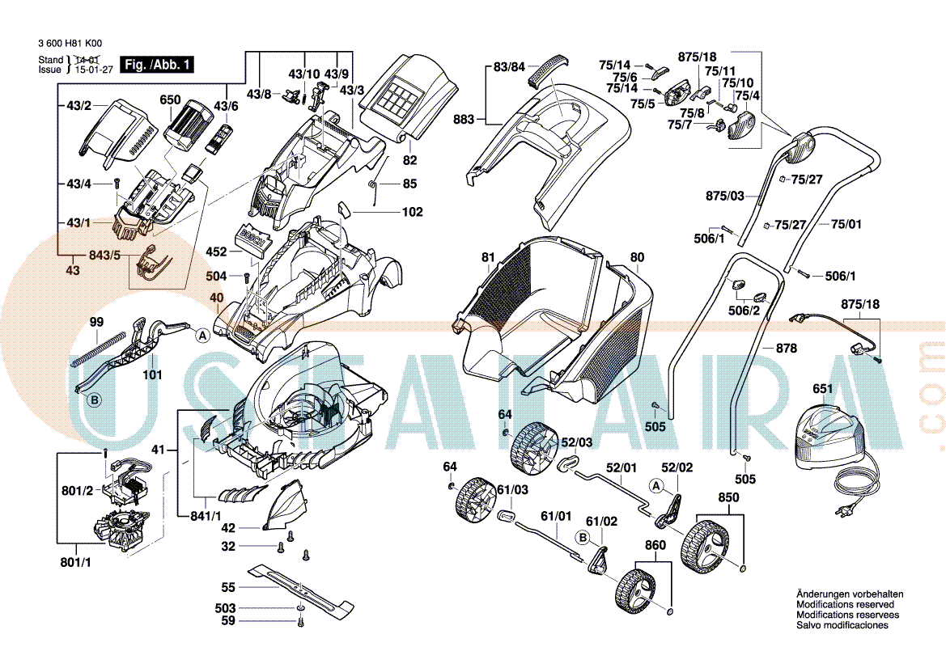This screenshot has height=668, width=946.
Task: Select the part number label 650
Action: click(170, 99)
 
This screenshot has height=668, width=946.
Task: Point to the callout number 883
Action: click(464, 120)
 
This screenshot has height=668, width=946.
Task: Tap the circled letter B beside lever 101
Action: click(94, 400)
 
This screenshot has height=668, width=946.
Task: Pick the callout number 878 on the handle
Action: click(786, 349)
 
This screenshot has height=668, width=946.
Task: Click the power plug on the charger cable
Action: click(848, 512)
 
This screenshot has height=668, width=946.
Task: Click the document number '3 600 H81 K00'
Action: click(70, 45)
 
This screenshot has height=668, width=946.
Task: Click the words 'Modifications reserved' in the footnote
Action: click(845, 604)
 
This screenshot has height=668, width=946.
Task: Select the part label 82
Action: click(409, 161)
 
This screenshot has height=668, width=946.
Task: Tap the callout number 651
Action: click(822, 389)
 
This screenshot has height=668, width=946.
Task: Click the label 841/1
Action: click(206, 516)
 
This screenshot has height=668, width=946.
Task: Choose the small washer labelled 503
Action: click(300, 607)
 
